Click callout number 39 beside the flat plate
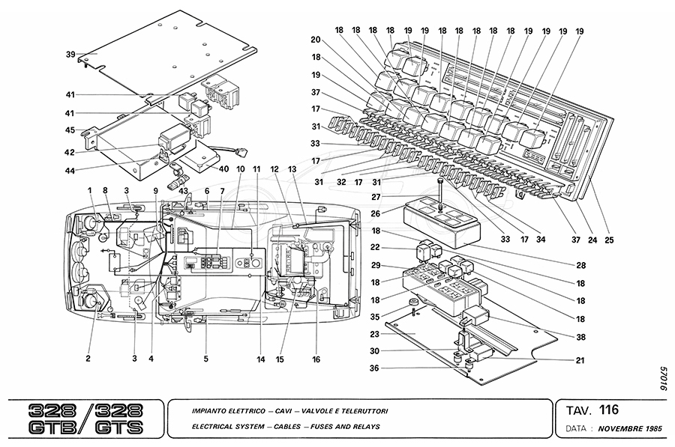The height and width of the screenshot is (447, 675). [x=70, y=55]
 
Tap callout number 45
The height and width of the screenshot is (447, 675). [x=70, y=130]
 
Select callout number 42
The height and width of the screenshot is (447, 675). [x=70, y=152]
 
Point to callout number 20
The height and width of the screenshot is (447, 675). [x=316, y=40]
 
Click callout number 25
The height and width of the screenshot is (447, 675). [x=609, y=241]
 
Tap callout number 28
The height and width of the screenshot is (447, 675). [x=580, y=266]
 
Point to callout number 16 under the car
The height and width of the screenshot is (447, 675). [x=316, y=359]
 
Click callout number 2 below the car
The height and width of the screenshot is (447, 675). [x=88, y=359]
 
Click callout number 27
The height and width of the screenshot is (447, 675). [x=376, y=198]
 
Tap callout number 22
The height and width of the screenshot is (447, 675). [x=376, y=248]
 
